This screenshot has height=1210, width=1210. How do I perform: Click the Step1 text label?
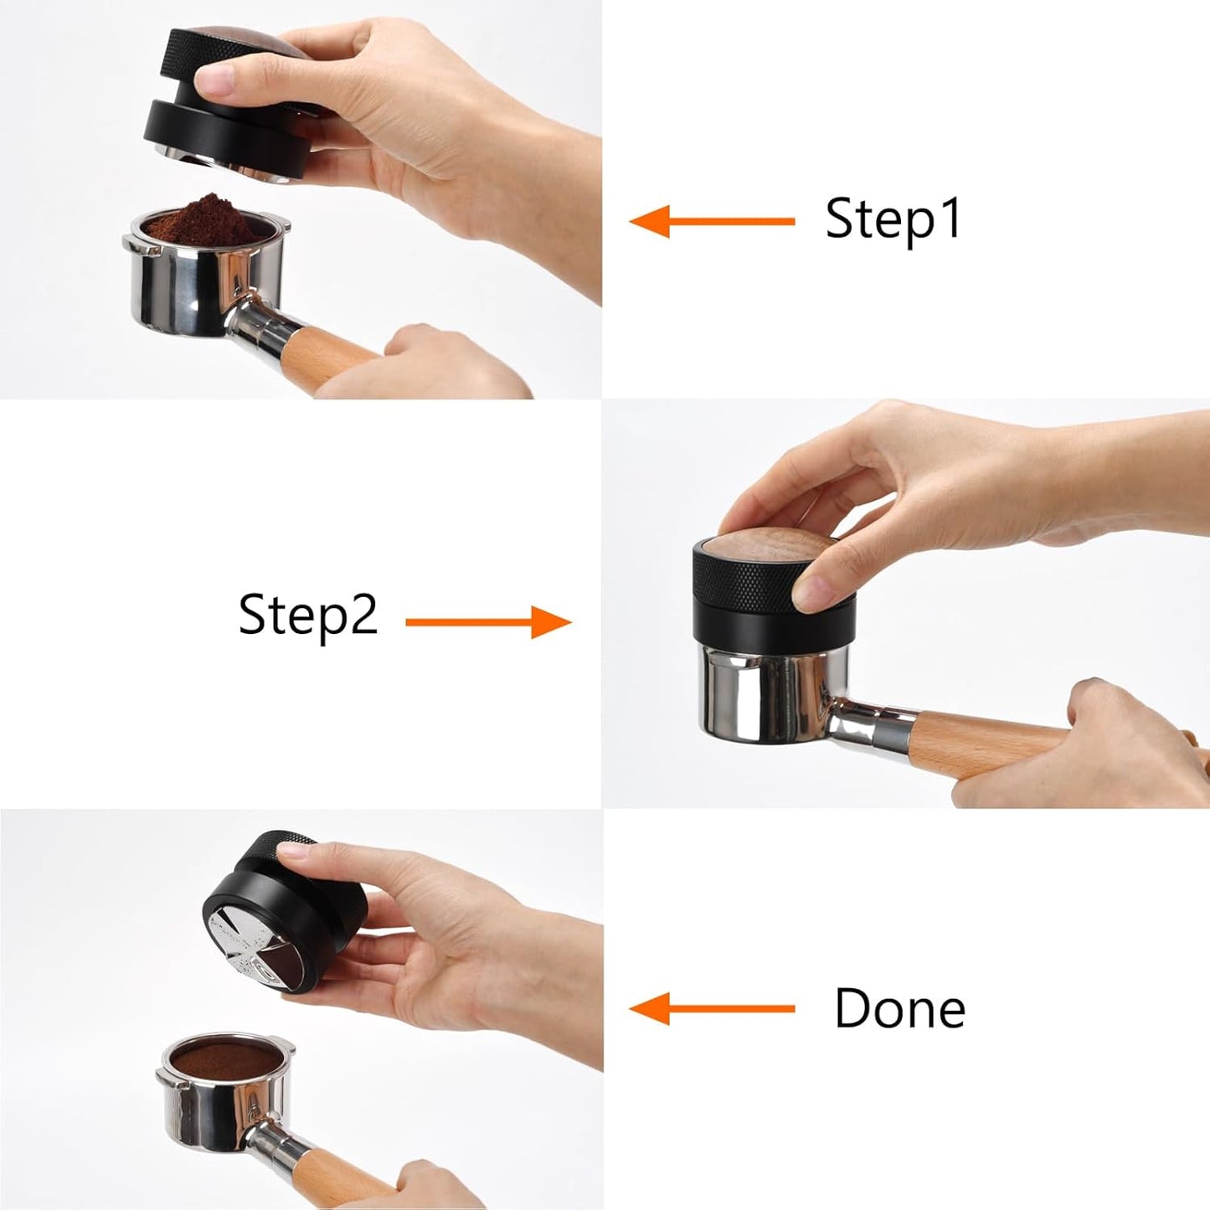coord(893,219)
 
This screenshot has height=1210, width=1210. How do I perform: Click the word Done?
coord(899,1008)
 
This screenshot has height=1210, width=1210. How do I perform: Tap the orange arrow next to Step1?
coord(711,222)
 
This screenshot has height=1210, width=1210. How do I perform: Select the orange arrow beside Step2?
coord(488,622)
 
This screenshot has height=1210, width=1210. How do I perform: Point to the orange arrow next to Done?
coord(711,1009)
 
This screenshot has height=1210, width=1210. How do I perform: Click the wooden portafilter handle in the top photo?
coord(335,352)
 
